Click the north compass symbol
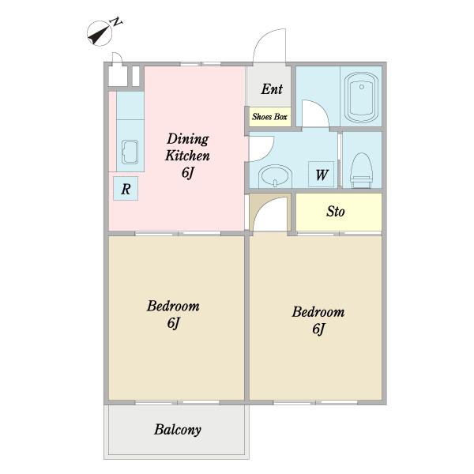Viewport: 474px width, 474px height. [100, 33]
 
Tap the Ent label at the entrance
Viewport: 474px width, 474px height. [272, 88]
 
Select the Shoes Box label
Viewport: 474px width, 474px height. [269, 117]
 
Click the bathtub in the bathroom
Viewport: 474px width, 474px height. [362, 97]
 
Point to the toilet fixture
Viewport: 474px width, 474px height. [361, 170]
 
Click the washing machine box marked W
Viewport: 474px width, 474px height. [321, 175]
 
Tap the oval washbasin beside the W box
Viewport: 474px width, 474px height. [275, 175]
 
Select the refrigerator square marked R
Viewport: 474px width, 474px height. [126, 189]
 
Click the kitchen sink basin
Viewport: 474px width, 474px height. [130, 152]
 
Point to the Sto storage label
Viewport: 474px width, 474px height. [335, 211]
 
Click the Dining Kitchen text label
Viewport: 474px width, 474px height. [187, 147]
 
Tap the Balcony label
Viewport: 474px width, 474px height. [178, 430]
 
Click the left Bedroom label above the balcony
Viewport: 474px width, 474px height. [173, 306]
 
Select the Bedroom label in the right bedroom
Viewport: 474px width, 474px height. [318, 312]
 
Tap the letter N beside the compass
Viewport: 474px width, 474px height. [116, 22]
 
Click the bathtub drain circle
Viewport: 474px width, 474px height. [362, 87]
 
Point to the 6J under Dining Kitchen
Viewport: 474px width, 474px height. [187, 172]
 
